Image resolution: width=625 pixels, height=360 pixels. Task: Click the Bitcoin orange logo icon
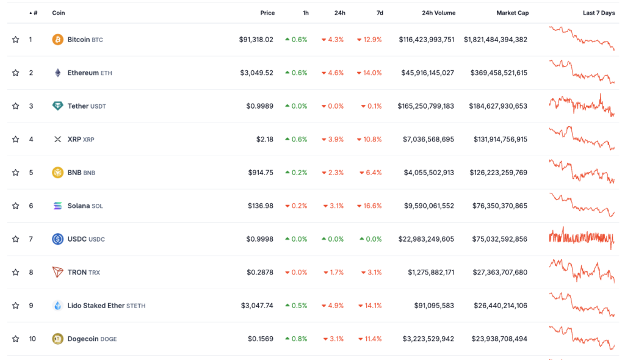pyautogui.click(x=58, y=40)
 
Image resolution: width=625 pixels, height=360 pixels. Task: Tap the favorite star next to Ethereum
pyautogui.click(x=15, y=73)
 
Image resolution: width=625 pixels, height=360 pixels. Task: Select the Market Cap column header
pyautogui.click(x=512, y=13)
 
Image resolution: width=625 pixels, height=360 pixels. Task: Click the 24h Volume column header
pyautogui.click(x=438, y=13)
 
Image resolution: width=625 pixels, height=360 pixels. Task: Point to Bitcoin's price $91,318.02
pyautogui.click(x=256, y=40)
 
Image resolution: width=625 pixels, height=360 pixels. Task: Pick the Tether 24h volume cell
pyautogui.click(x=425, y=106)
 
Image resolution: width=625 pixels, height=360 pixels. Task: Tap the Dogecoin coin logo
pyautogui.click(x=58, y=339)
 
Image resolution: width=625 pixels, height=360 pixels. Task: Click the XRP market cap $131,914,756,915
pyautogui.click(x=500, y=139)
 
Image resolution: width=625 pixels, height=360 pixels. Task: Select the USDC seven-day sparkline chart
pyautogui.click(x=582, y=238)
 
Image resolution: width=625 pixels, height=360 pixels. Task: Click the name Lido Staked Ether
pyautogui.click(x=96, y=305)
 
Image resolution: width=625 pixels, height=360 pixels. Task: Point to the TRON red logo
pyautogui.click(x=58, y=272)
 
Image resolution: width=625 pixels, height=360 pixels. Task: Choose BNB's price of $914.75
pyautogui.click(x=261, y=173)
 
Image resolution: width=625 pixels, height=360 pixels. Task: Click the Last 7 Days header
pyautogui.click(x=599, y=13)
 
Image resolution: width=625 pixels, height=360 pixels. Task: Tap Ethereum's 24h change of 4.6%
pyautogui.click(x=333, y=73)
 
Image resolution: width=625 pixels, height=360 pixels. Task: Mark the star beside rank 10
pyautogui.click(x=15, y=339)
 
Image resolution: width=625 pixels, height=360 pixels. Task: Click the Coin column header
pyautogui.click(x=58, y=13)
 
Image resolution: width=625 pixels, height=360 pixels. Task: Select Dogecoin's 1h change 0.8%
pyautogui.click(x=296, y=339)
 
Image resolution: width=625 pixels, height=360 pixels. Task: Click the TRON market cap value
pyautogui.click(x=500, y=272)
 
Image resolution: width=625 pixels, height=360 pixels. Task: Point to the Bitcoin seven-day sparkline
pyautogui.click(x=582, y=38)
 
